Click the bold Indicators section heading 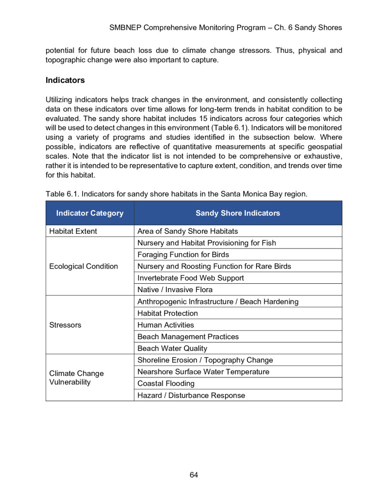pyautogui.click(x=65, y=80)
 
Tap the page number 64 pyautogui.click(x=194, y=475)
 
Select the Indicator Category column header pyautogui.click(x=90, y=213)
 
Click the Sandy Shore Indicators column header pyautogui.click(x=238, y=213)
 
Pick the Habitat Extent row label pyautogui.click(x=73, y=231)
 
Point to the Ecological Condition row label pyautogui.click(x=84, y=266)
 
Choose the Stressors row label pyautogui.click(x=65, y=325)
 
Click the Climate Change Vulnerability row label pyautogui.click(x=77, y=377)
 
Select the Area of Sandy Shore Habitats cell pyautogui.click(x=187, y=231)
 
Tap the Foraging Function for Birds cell pyautogui.click(x=183, y=254)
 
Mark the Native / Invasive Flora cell pyautogui.click(x=175, y=290)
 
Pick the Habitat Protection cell pyautogui.click(x=167, y=313)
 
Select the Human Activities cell pyautogui.click(x=165, y=325)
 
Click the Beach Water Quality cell pyautogui.click(x=172, y=349)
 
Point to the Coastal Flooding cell pyautogui.click(x=166, y=383)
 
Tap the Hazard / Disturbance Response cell pyautogui.click(x=191, y=395)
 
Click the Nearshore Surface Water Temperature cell pyautogui.click(x=203, y=372)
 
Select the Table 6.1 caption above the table pyautogui.click(x=177, y=194)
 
